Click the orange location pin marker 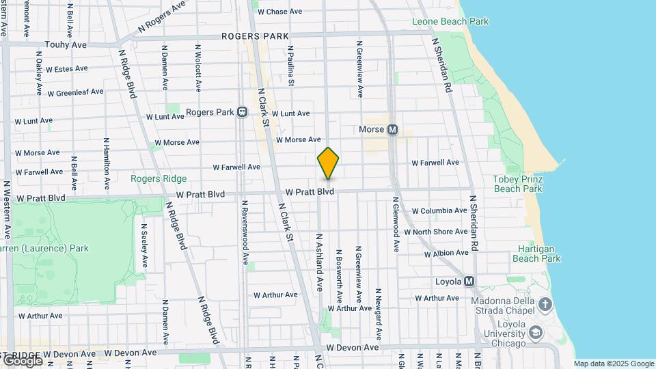point(328,163)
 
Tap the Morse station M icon point(392,130)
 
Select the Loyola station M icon point(469,282)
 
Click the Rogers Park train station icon point(242,112)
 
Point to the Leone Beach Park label point(450,22)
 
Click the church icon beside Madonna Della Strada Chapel point(545,303)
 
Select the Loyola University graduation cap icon point(536,333)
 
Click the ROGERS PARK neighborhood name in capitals point(255,36)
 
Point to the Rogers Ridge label point(159,179)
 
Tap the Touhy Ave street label point(66,44)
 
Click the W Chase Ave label point(279,12)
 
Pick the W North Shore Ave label point(436,232)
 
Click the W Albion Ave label point(446,254)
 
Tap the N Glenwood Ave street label point(395,226)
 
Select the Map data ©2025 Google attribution point(614,364)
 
